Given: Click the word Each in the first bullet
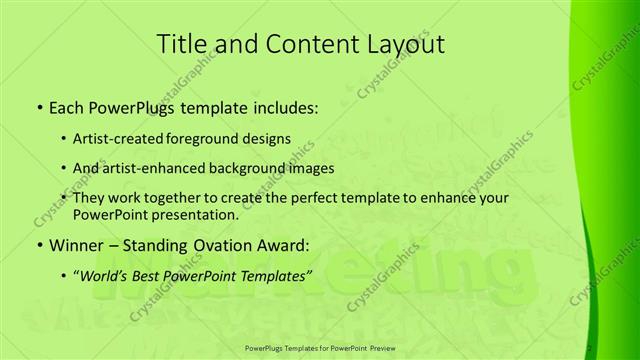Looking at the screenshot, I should pos(68,106).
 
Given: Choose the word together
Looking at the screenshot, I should pos(186,198).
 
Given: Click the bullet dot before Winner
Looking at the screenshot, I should pos(39,246).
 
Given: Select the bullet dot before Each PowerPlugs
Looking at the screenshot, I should pos(39,107).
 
